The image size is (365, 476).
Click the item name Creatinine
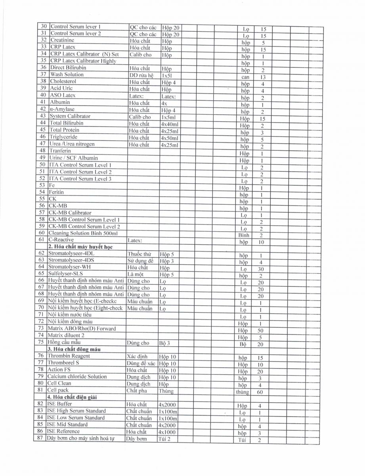pyautogui.click(x=62, y=40)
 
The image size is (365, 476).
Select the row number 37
pyautogui.click(x=44, y=75)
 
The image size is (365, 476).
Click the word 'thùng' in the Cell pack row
pyautogui.click(x=243, y=392)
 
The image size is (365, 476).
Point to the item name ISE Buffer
pyautogui.click(x=59, y=404)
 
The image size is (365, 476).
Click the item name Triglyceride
pyautogui.click(x=63, y=137)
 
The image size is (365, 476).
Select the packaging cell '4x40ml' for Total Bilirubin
pyautogui.click(x=170, y=124)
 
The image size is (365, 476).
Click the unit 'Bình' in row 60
pyautogui.click(x=244, y=235)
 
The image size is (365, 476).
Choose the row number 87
pyautogui.click(x=40, y=438)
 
